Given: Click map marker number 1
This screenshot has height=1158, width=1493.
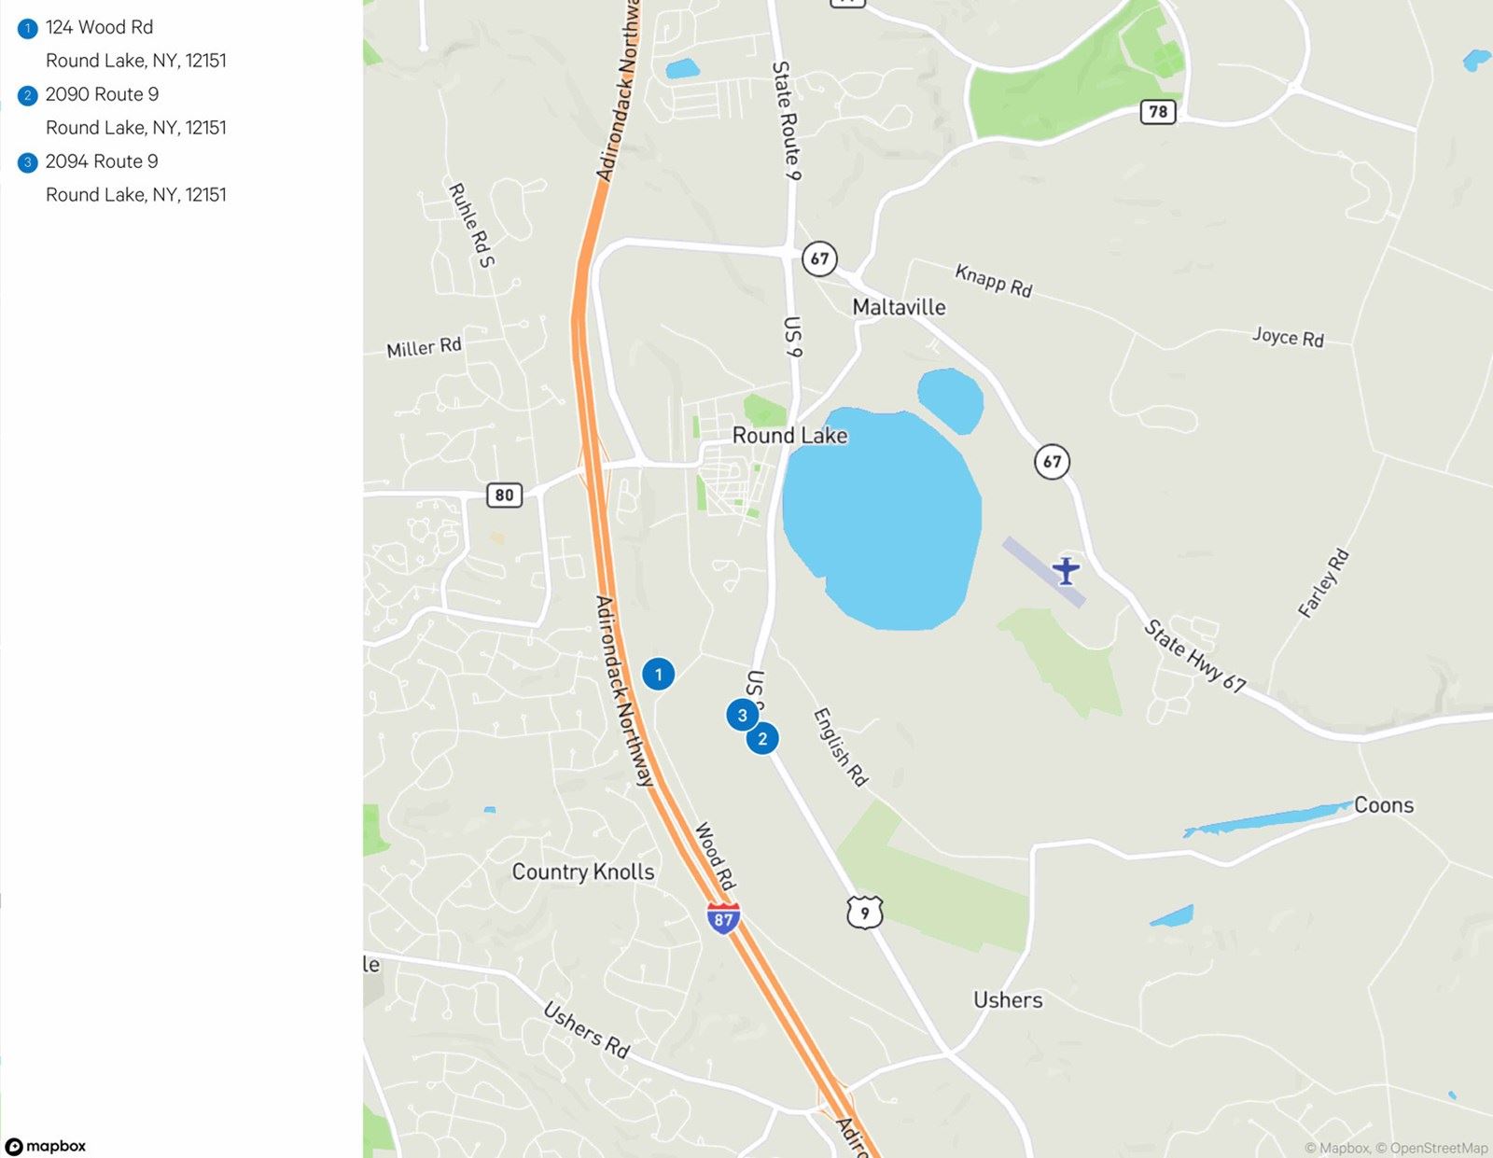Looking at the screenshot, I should pos(658,674).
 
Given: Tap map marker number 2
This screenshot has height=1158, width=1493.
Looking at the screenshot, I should pos(762,739).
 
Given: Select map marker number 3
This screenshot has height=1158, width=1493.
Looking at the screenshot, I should pos(742,716).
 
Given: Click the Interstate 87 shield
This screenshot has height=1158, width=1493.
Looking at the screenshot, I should pos(723,918).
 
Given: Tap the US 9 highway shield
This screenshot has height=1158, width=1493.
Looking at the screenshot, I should pos(864,912).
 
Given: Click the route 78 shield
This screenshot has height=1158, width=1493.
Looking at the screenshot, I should pos(1158,112).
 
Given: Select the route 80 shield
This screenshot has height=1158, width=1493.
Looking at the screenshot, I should pos(504,495).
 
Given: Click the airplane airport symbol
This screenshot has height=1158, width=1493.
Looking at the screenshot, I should pos(1066,569).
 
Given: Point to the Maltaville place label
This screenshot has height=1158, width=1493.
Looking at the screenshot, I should pos(899,307).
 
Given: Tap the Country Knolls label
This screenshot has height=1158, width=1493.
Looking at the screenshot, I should pos(583,872).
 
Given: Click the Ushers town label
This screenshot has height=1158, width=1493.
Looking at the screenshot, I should pos(1008,1000).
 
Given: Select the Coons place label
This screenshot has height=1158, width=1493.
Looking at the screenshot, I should pos(1384,805).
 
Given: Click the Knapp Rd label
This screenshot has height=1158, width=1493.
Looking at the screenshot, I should pos(994,281).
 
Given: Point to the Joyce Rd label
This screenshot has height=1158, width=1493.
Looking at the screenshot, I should pos(1288,337).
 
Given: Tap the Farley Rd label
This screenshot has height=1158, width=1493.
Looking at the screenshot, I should pos(1324,583).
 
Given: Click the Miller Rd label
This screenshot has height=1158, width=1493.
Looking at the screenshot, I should pos(425,347).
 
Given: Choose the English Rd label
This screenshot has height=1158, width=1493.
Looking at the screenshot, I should pos(841,746).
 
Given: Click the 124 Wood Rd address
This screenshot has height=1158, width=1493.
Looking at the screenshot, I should pos(99,28).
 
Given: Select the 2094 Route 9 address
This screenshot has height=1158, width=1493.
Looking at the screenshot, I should pos(102,161).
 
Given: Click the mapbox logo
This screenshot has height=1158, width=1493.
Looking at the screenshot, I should pos(47,1146).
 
